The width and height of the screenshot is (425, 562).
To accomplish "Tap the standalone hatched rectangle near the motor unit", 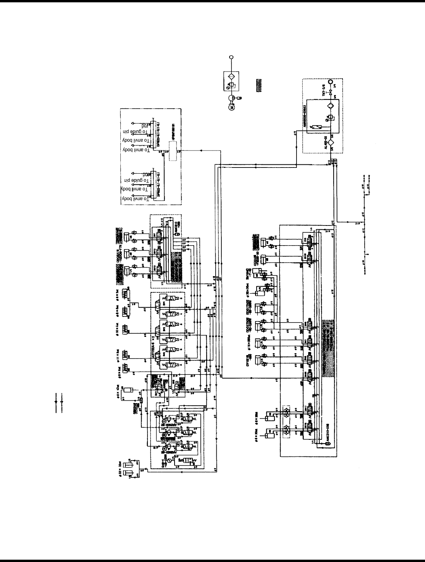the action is tap(259, 84).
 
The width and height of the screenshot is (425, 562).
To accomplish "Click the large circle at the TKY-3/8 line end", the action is tap(331, 82).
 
